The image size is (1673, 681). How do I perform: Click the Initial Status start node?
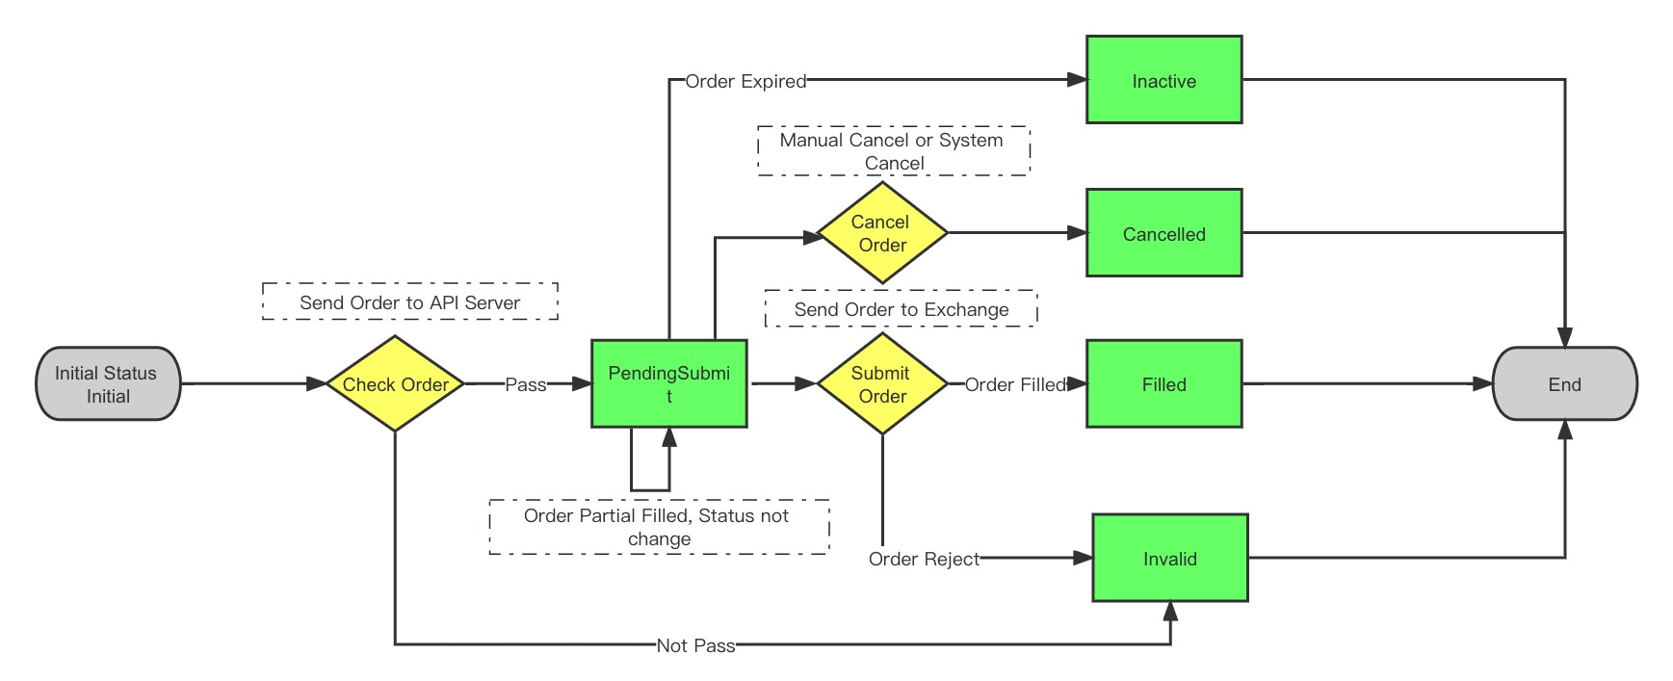coord(108,384)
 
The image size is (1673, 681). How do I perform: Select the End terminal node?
coord(1564,384)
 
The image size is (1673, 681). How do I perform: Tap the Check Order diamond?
coord(395,384)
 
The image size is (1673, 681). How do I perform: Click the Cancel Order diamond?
coord(882,233)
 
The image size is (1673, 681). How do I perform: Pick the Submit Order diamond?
coord(882,384)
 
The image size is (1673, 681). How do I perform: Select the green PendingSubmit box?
coord(669,383)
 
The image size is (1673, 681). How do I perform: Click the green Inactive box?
coord(1163,80)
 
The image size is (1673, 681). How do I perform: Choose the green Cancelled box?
coord(1163,233)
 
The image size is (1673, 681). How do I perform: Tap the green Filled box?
coord(1163,383)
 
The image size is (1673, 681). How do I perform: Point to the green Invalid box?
coord(1169,558)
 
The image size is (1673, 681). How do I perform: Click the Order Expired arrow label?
coord(745,82)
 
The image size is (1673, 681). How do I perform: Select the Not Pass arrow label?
coord(695,645)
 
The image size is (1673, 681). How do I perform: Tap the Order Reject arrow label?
coord(924,559)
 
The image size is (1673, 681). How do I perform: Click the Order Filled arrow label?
coord(1015,384)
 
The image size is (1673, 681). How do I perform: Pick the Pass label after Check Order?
coord(526,384)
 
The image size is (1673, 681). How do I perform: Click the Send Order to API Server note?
coord(410,301)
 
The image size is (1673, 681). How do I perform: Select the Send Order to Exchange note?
coord(901,309)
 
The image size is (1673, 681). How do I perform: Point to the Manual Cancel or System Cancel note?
coord(893,151)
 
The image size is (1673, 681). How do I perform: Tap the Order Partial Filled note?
coord(659,527)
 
